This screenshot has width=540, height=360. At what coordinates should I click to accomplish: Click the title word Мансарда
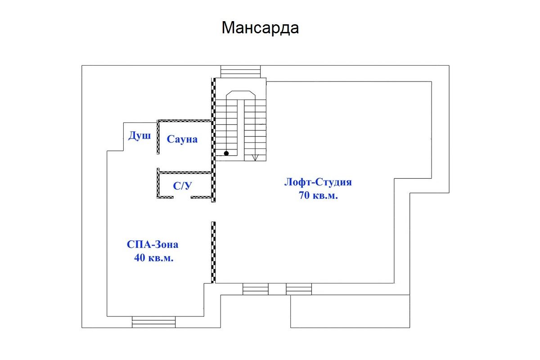(260, 28)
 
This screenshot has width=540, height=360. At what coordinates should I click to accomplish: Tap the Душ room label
(139, 136)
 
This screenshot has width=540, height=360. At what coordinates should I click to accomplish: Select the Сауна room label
(182, 139)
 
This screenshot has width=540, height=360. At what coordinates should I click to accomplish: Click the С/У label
(182, 186)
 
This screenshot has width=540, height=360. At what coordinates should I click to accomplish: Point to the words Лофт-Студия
(318, 182)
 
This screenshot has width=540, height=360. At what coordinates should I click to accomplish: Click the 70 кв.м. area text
(318, 195)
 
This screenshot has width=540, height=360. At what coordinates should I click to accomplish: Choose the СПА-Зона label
(153, 244)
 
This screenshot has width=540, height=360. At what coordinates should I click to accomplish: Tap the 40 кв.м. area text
(154, 258)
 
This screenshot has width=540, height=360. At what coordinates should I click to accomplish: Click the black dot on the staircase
(226, 153)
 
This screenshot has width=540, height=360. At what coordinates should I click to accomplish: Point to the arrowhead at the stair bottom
(255, 157)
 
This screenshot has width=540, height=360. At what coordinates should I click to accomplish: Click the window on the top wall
(241, 72)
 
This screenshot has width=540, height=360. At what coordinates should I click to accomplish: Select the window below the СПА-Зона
(153, 322)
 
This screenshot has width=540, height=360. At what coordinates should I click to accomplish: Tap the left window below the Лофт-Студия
(256, 289)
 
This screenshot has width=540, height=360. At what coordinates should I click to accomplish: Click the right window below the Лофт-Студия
(299, 289)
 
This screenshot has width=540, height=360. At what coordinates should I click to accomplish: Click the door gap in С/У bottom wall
(182, 197)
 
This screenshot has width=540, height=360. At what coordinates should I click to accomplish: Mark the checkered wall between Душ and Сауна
(158, 137)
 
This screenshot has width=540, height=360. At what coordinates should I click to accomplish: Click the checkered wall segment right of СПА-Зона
(213, 252)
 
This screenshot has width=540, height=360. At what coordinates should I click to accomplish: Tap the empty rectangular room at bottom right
(350, 311)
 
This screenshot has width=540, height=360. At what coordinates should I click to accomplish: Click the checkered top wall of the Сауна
(184, 121)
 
